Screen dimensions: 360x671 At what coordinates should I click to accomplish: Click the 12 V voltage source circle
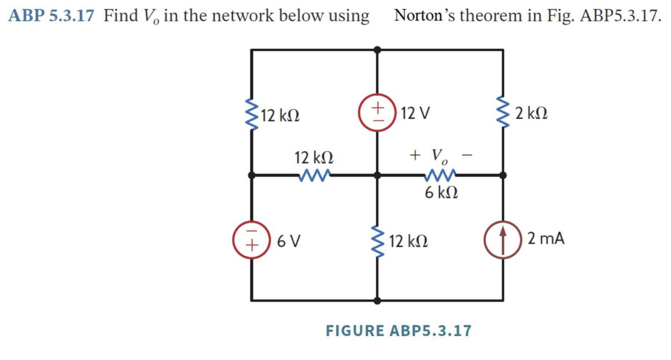tap(377, 112)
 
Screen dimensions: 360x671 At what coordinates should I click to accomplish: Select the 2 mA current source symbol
tap(503, 240)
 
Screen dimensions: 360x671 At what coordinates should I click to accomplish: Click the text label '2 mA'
tap(546, 239)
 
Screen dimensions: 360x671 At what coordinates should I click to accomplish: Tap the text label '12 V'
tap(415, 113)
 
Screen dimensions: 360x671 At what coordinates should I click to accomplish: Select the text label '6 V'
tap(289, 241)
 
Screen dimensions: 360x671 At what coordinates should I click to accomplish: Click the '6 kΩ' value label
tap(441, 192)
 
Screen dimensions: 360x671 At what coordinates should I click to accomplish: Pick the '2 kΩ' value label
tap(531, 113)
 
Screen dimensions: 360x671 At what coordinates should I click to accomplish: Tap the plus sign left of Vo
tap(414, 155)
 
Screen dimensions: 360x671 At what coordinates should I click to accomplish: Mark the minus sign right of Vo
tap(467, 155)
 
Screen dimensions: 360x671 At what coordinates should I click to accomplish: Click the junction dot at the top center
tap(377, 50)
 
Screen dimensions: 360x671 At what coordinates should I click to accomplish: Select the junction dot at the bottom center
tap(377, 301)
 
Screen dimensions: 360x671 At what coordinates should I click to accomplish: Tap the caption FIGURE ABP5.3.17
tap(399, 330)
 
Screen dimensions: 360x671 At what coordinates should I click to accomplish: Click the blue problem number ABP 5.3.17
tap(51, 16)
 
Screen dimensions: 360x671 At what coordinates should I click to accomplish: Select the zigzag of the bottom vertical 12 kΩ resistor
tap(377, 241)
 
